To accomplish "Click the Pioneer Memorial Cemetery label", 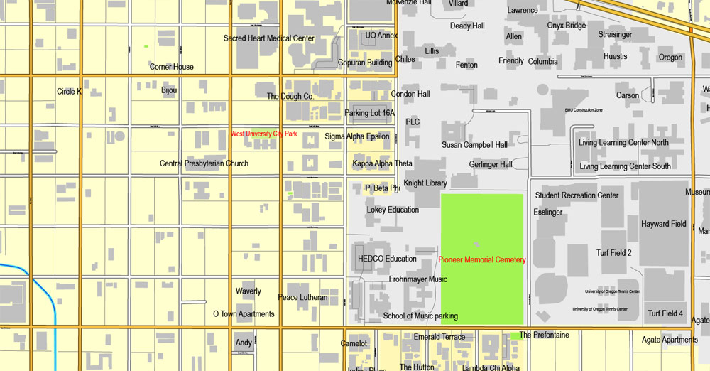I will coord(482,260).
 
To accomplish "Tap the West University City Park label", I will coord(264,134).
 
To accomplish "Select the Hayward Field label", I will coord(664,224).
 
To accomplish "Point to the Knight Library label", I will coord(425,183).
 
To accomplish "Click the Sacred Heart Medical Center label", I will coord(269,38).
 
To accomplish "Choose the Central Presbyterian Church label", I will coord(204,163).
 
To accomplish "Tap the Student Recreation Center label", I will coord(577,195).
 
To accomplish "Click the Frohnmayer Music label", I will coord(418,279).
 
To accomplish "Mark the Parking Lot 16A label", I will coord(369,113).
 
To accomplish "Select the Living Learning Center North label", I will coord(623,143).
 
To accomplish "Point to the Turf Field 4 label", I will coord(665,313).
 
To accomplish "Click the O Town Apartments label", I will coord(244,314).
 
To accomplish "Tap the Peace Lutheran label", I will coord(302,298).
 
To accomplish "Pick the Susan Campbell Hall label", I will coord(474,145).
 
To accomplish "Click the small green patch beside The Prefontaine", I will coord(514,335).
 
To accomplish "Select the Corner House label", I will coord(172,67).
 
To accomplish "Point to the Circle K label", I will coord(70,92).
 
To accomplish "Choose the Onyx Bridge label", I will coord(567,26).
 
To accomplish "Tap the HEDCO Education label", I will coord(387,259).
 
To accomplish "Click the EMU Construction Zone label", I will coord(584,110).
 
